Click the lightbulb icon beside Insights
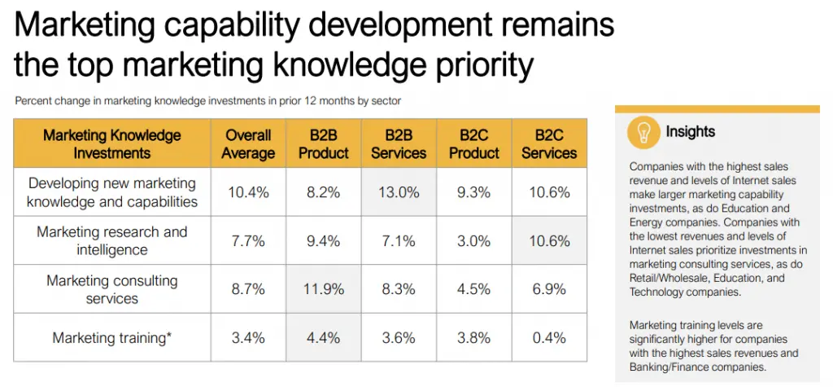click(643, 132)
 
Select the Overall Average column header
click(248, 143)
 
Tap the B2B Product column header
click(323, 143)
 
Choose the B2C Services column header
click(549, 143)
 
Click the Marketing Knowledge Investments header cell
click(112, 143)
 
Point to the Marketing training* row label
click(112, 337)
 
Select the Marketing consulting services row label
click(112, 289)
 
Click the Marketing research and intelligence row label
click(112, 240)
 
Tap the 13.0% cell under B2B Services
click(399, 192)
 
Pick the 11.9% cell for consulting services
click(323, 289)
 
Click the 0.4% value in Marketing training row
click(549, 337)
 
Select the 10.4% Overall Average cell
click(248, 192)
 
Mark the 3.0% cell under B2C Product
click(474, 240)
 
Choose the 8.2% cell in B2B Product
click(323, 192)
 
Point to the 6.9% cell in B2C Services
click(549, 289)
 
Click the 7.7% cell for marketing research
click(248, 240)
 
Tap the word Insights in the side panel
click(691, 131)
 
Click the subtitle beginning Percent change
click(207, 102)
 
